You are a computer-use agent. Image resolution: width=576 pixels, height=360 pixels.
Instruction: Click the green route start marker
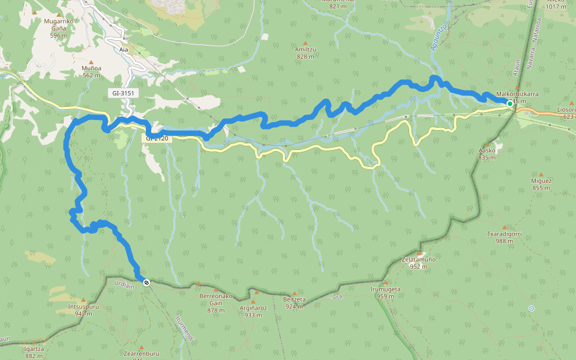coord(510,104)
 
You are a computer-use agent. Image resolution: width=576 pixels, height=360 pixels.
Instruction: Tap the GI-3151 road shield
coord(123,93)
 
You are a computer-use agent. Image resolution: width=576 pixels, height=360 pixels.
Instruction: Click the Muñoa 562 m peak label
coord(91,71)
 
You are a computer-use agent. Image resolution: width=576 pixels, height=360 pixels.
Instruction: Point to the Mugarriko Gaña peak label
coord(58,25)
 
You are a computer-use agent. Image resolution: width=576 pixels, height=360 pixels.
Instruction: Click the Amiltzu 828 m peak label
coord(305,53)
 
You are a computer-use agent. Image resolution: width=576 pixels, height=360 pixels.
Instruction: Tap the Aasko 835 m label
coord(487,154)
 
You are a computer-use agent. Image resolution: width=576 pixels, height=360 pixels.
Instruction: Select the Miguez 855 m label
coord(541,184)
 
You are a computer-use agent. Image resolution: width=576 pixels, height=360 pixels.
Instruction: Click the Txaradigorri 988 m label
coord(505,237)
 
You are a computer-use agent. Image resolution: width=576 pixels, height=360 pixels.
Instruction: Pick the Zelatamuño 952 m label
coord(418,263)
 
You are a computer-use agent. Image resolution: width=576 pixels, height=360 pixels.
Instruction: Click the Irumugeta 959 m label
coord(385,292)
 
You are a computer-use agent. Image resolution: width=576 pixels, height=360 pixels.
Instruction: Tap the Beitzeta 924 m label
coord(294,302)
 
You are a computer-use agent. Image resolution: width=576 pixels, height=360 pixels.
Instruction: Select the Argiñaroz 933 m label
coord(253,311)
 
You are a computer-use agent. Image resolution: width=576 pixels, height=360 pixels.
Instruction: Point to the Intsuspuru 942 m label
coord(83,309)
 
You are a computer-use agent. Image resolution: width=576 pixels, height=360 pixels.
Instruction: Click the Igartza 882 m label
coord(34,352)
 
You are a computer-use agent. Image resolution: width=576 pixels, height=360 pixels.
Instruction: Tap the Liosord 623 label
coord(566,113)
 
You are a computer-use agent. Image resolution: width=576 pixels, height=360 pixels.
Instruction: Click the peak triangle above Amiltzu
coord(305,43)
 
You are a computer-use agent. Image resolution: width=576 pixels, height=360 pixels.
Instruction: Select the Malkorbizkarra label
coord(517,94)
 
